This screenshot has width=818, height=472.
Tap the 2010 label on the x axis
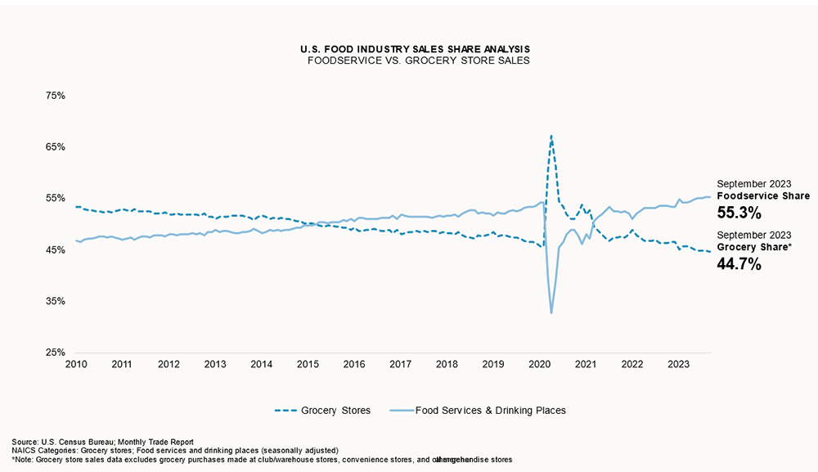click(x=76, y=364)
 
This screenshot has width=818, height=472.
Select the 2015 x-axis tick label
click(x=308, y=364)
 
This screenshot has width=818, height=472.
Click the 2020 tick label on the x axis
click(x=539, y=364)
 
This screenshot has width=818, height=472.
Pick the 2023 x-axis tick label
click(x=678, y=364)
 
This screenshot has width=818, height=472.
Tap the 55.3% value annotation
click(x=739, y=214)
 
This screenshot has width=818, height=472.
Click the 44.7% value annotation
click(x=739, y=263)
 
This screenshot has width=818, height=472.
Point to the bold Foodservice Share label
click(x=763, y=196)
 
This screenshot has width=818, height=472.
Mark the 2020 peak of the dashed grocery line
click(x=551, y=136)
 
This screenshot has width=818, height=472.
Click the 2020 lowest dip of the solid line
click(x=551, y=313)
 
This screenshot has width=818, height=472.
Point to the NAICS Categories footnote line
click(x=175, y=451)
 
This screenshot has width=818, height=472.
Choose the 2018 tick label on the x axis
click(x=447, y=364)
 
